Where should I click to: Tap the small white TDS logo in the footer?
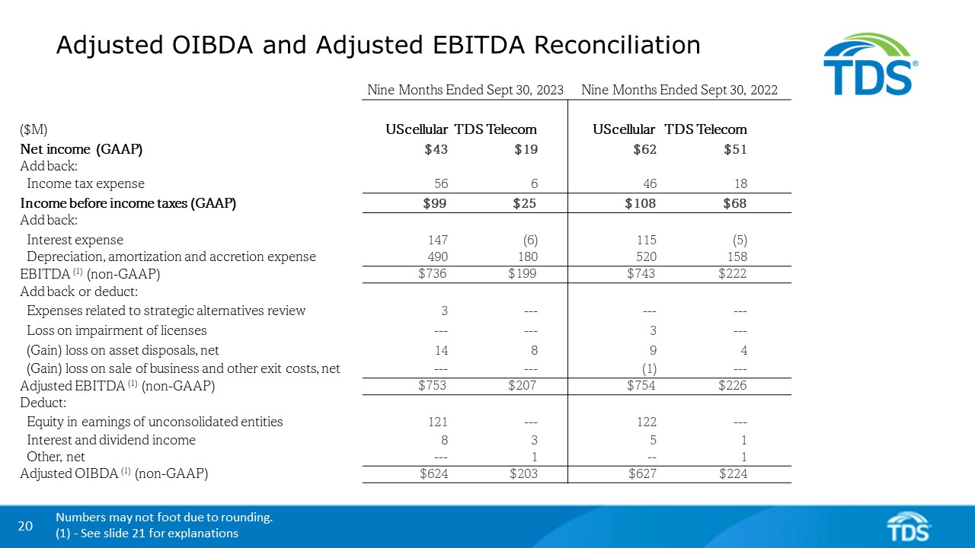tap(909, 526)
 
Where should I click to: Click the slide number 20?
tap(25, 526)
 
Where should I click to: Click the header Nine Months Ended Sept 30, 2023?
tap(465, 90)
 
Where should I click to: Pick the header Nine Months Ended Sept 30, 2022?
tap(679, 90)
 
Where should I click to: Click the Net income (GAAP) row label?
tap(82, 150)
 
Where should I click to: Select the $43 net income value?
tap(436, 150)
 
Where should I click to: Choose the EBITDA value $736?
tap(433, 274)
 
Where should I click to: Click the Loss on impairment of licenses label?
tap(117, 330)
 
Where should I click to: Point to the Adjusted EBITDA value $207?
tap(523, 386)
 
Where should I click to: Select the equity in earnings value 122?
tap(645, 422)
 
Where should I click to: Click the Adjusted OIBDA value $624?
tap(433, 474)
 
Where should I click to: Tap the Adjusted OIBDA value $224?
tap(733, 474)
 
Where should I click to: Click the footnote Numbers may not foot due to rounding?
tap(164, 518)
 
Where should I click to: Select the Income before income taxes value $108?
tap(641, 203)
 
